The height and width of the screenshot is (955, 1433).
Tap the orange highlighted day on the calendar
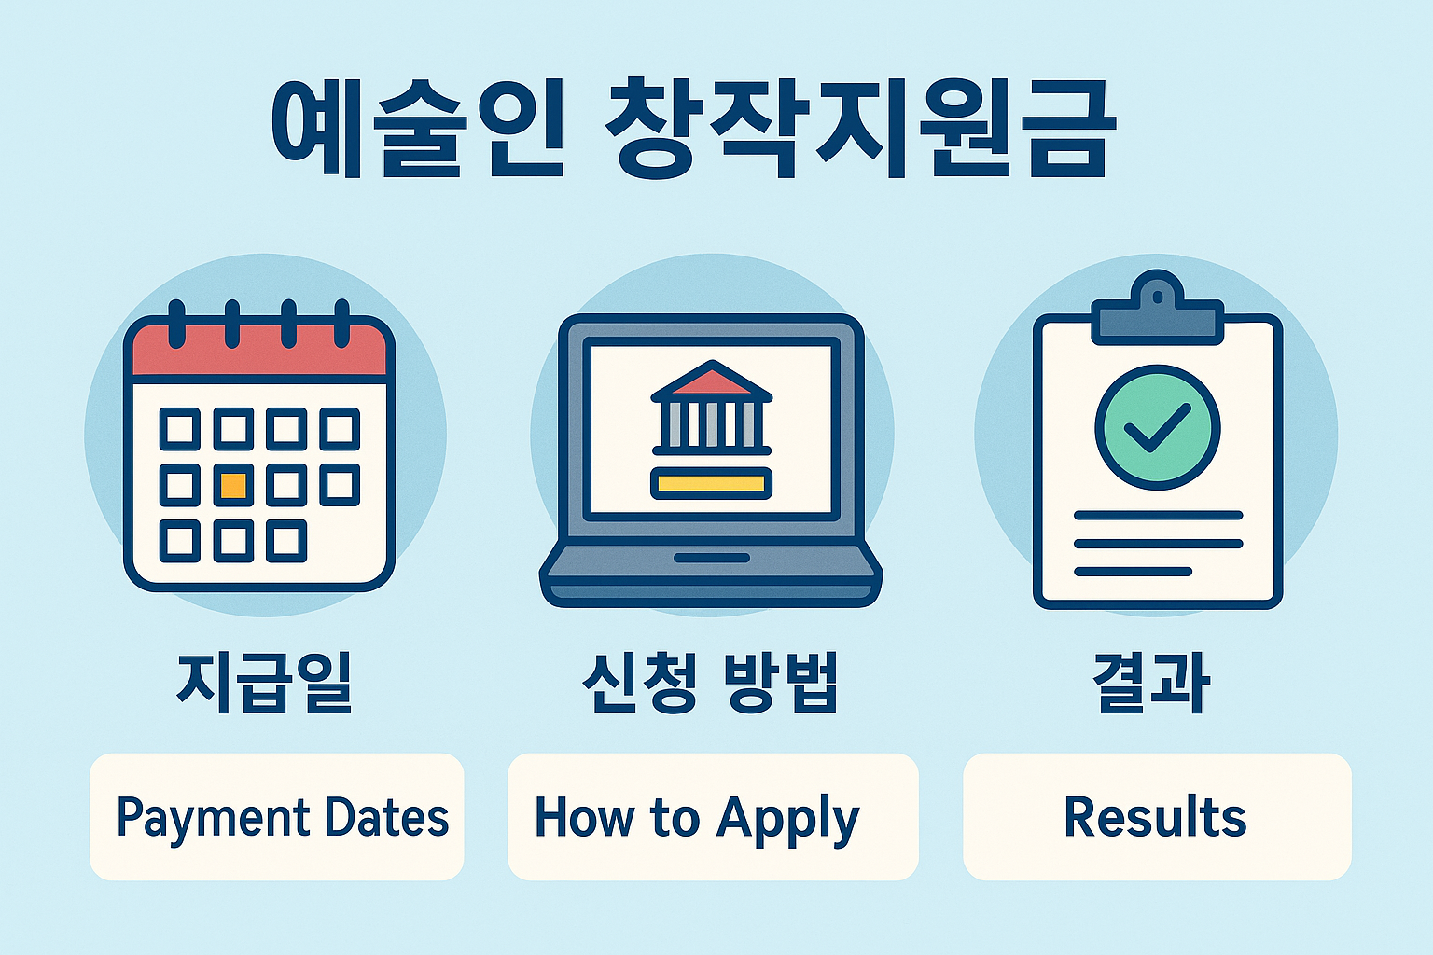232,485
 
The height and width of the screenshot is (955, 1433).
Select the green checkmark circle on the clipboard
1157,427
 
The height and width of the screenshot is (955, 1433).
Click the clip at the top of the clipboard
1157,308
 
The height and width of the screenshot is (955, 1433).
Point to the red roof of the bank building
711,381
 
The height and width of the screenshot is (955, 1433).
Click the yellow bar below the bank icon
711,483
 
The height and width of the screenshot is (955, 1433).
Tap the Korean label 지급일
264,683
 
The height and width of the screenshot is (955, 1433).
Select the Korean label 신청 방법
710,683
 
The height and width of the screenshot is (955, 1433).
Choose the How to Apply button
713,817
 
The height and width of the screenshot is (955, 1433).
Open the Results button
1157,817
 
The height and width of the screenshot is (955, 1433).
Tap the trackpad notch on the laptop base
712,558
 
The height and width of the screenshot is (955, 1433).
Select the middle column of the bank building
711,425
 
